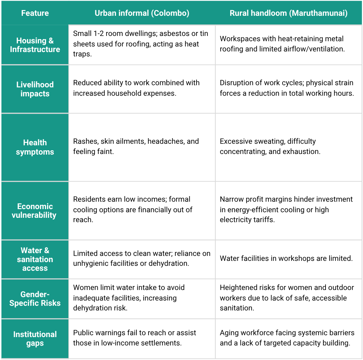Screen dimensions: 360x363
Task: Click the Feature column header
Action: tap(35, 13)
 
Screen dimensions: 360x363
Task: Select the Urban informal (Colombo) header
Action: tap(142, 13)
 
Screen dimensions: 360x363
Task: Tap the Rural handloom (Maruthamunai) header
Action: tap(288, 13)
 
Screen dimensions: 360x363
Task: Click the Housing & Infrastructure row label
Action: tap(35, 45)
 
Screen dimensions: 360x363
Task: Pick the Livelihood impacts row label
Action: tap(35, 89)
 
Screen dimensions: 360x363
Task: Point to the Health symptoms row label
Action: tap(35, 147)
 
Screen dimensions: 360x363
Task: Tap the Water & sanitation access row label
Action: tap(35, 259)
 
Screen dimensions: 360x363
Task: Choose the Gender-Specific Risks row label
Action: tap(35, 299)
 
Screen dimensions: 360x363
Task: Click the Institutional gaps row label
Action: tap(35, 339)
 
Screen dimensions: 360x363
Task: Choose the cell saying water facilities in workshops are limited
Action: tap(286, 258)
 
